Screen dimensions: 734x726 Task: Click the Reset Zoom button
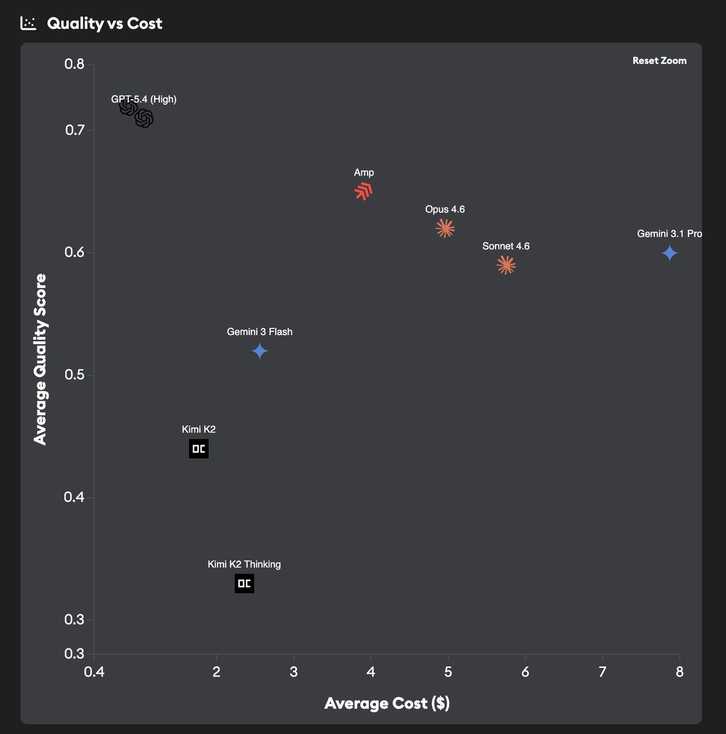(x=659, y=61)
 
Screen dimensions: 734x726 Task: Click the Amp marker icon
(x=363, y=191)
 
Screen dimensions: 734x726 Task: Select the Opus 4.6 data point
(x=445, y=229)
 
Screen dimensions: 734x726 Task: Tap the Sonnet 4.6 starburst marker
(x=506, y=265)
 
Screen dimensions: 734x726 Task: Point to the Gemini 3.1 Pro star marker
(x=669, y=253)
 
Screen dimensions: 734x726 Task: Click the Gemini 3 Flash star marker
(x=260, y=351)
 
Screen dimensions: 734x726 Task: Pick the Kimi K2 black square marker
(x=199, y=449)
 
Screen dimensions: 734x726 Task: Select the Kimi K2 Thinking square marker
(x=245, y=584)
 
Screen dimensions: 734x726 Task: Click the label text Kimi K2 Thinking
(x=244, y=564)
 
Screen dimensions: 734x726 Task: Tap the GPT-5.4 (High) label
(x=144, y=99)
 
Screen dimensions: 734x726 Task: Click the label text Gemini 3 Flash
(x=260, y=331)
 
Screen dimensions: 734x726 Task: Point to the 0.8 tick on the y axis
(x=75, y=64)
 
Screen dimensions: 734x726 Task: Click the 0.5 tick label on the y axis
(x=75, y=375)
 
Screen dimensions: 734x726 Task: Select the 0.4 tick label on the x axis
(x=94, y=672)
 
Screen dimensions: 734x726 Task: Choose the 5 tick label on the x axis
(x=448, y=672)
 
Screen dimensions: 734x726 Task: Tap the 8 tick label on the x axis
(x=679, y=672)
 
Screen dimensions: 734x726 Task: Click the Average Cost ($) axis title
(x=387, y=703)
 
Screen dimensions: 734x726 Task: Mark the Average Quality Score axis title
(x=40, y=359)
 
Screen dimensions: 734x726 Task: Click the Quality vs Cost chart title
(x=105, y=23)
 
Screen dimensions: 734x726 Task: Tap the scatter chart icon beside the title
(x=28, y=23)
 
